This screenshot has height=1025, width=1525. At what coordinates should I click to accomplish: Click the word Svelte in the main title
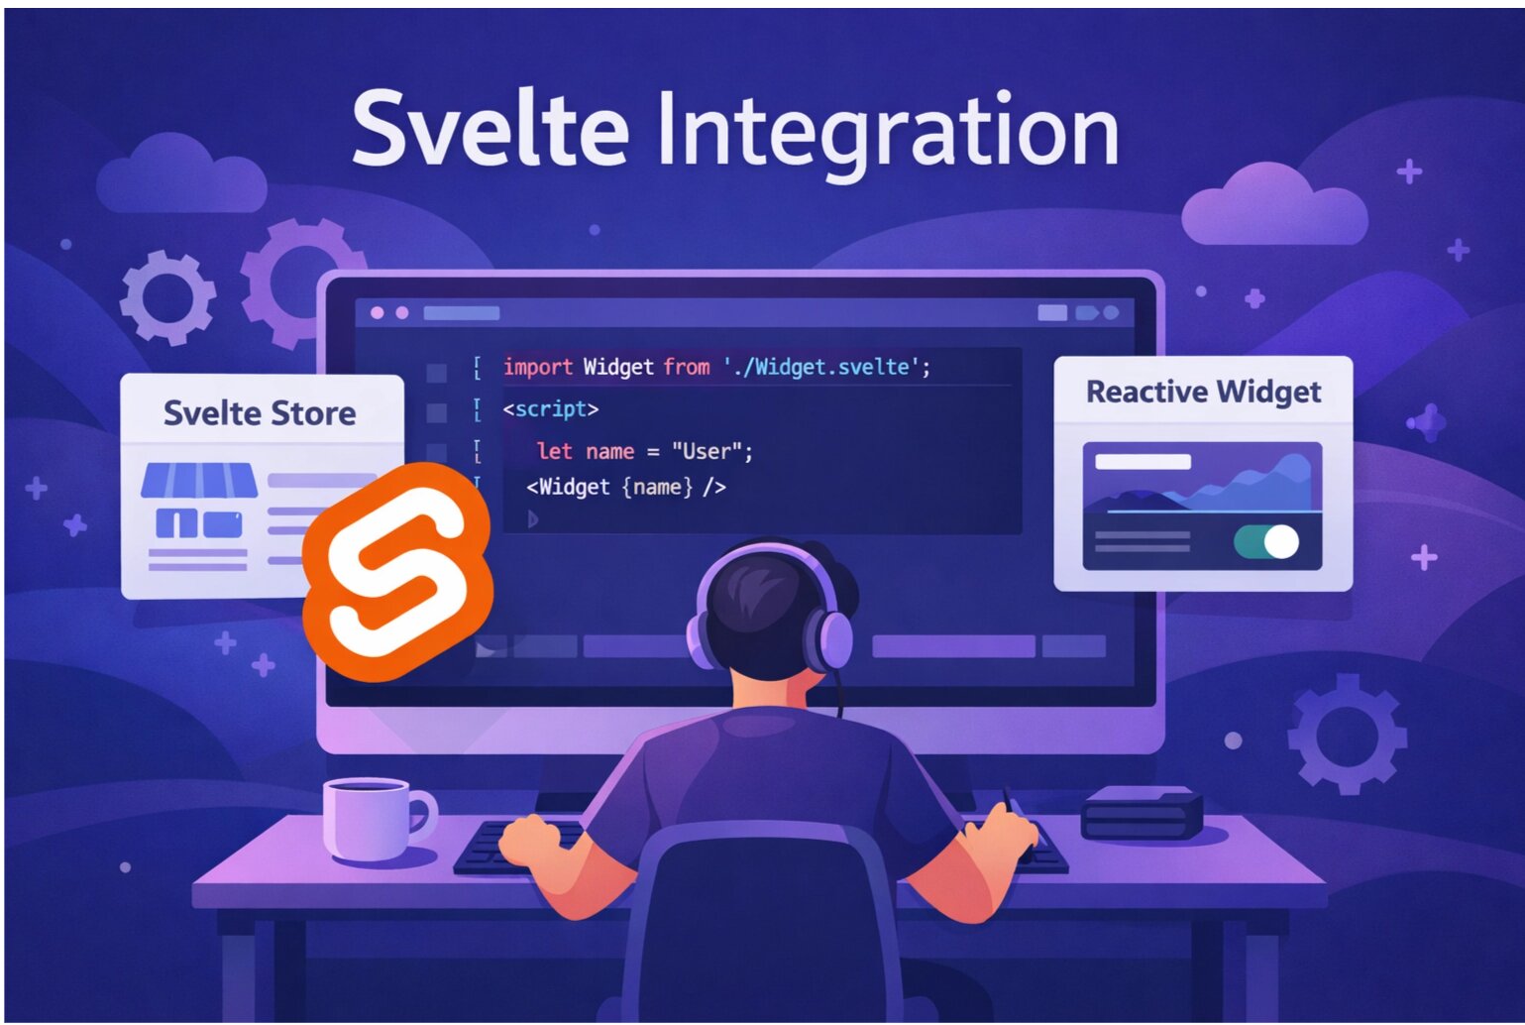pos(490,130)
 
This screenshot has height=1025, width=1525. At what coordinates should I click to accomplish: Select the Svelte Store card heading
pos(260,412)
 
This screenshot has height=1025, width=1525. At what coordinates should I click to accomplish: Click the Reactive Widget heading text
pos(1203,392)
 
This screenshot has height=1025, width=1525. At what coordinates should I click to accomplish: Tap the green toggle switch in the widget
pos(1266,541)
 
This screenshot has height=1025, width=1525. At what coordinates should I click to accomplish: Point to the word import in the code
pos(538,367)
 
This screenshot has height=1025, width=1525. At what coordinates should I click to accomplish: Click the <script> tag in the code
pos(551,408)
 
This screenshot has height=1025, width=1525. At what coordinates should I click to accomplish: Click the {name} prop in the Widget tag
pos(657,487)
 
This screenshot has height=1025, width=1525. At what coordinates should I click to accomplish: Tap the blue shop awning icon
pos(199,480)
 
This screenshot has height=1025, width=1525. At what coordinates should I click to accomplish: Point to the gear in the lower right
pos(1347,734)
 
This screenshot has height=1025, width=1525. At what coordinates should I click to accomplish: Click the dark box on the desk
pos(1142,813)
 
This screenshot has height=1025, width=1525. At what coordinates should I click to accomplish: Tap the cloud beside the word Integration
pos(1274,207)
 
